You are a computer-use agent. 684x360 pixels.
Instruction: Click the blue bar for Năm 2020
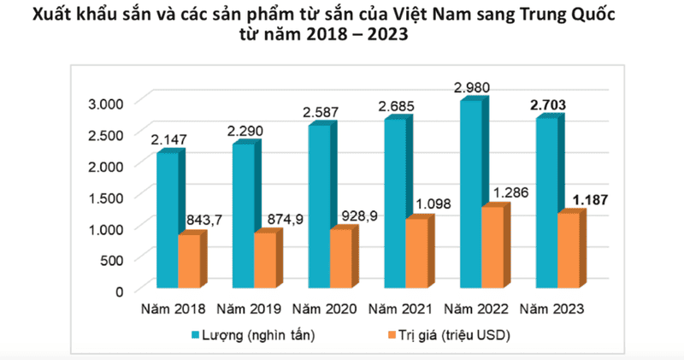[x=317, y=206]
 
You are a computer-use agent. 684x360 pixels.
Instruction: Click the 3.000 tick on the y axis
[x=106, y=103]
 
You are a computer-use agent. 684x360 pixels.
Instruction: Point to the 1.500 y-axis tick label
[x=106, y=197]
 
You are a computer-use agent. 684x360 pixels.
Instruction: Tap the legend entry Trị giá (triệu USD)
[x=451, y=335]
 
